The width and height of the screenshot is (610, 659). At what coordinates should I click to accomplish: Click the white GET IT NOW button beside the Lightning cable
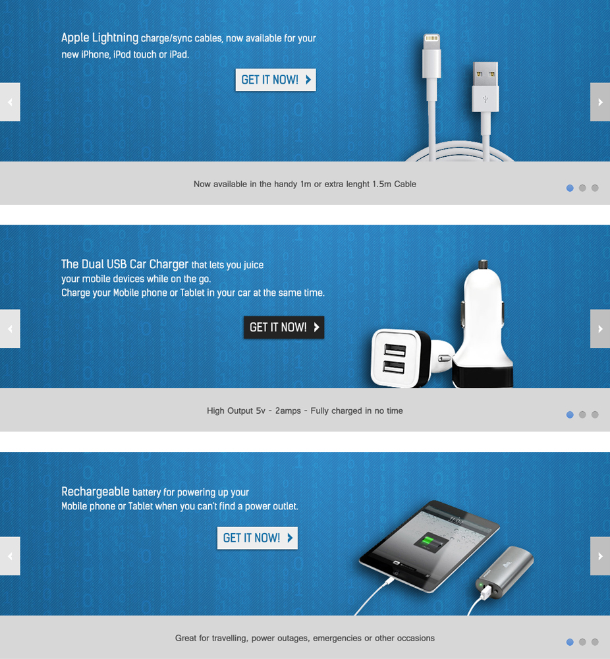pos(275,80)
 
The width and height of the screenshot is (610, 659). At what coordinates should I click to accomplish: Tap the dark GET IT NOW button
pos(283,328)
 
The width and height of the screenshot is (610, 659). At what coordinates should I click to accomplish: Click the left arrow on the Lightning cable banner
pos(10,102)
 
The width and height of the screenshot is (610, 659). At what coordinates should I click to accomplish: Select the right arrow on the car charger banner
pos(599,329)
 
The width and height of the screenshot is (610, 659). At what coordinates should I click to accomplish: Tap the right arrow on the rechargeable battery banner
pos(599,556)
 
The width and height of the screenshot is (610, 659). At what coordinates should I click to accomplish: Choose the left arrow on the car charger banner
pos(10,329)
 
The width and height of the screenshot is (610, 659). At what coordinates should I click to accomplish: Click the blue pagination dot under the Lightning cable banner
pos(570,188)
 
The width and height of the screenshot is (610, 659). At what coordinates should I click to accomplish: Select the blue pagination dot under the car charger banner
pos(570,415)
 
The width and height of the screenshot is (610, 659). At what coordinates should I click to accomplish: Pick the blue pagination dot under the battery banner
pos(570,642)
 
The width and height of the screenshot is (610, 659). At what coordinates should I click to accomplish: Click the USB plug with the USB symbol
pos(485,92)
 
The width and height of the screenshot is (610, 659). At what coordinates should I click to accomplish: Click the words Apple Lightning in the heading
pos(99,38)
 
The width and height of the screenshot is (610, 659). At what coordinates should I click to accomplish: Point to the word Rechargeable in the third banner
pos(95,492)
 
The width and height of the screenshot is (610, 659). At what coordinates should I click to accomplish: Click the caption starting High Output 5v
pos(304,411)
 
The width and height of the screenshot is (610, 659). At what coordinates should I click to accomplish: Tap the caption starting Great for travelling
pos(304,638)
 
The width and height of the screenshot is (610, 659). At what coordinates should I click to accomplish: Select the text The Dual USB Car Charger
pos(125,264)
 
